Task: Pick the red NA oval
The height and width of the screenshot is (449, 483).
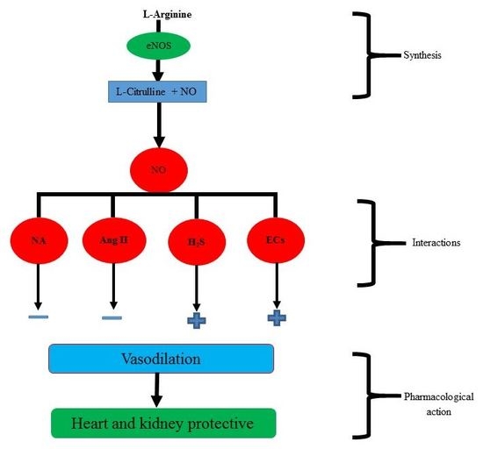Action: click(38, 239)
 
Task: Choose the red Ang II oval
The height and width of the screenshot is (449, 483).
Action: click(112, 239)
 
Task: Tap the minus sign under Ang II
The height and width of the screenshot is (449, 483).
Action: click(112, 317)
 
